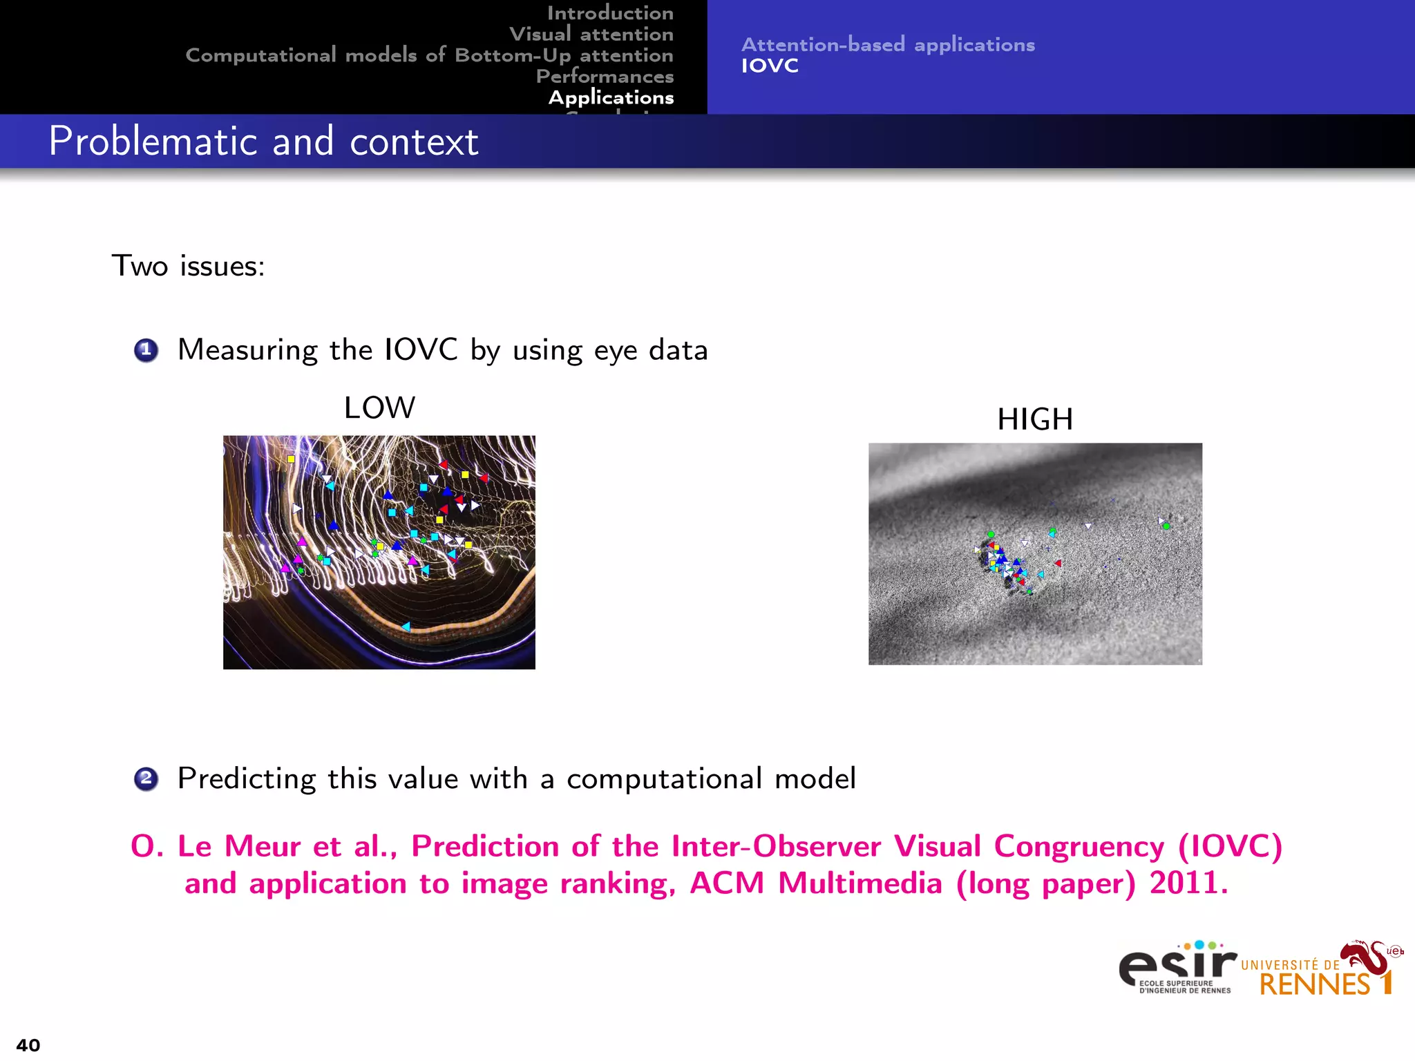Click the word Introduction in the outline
click(610, 13)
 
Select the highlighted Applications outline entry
click(611, 97)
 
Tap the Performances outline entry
click(605, 76)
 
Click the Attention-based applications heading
click(888, 45)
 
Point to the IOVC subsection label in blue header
click(770, 66)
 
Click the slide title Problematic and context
click(263, 142)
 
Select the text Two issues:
click(188, 266)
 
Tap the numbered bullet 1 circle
click(146, 350)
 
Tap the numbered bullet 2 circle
click(146, 779)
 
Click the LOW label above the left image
click(379, 408)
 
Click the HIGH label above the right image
click(1034, 419)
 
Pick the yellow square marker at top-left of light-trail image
click(291, 459)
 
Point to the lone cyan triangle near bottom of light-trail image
click(406, 627)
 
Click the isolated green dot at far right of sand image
click(1166, 526)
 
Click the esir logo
click(1177, 967)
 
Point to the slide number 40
click(28, 1045)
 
